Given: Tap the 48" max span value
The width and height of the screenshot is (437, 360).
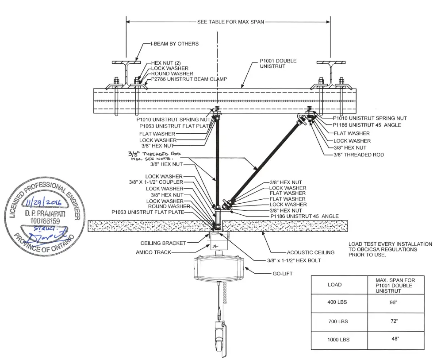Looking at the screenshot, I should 389,339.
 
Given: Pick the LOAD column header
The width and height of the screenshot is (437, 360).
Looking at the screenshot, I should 334,285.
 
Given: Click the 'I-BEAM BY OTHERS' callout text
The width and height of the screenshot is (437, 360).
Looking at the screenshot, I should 174,44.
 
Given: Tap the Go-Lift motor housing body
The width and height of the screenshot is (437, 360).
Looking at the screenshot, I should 218,268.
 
